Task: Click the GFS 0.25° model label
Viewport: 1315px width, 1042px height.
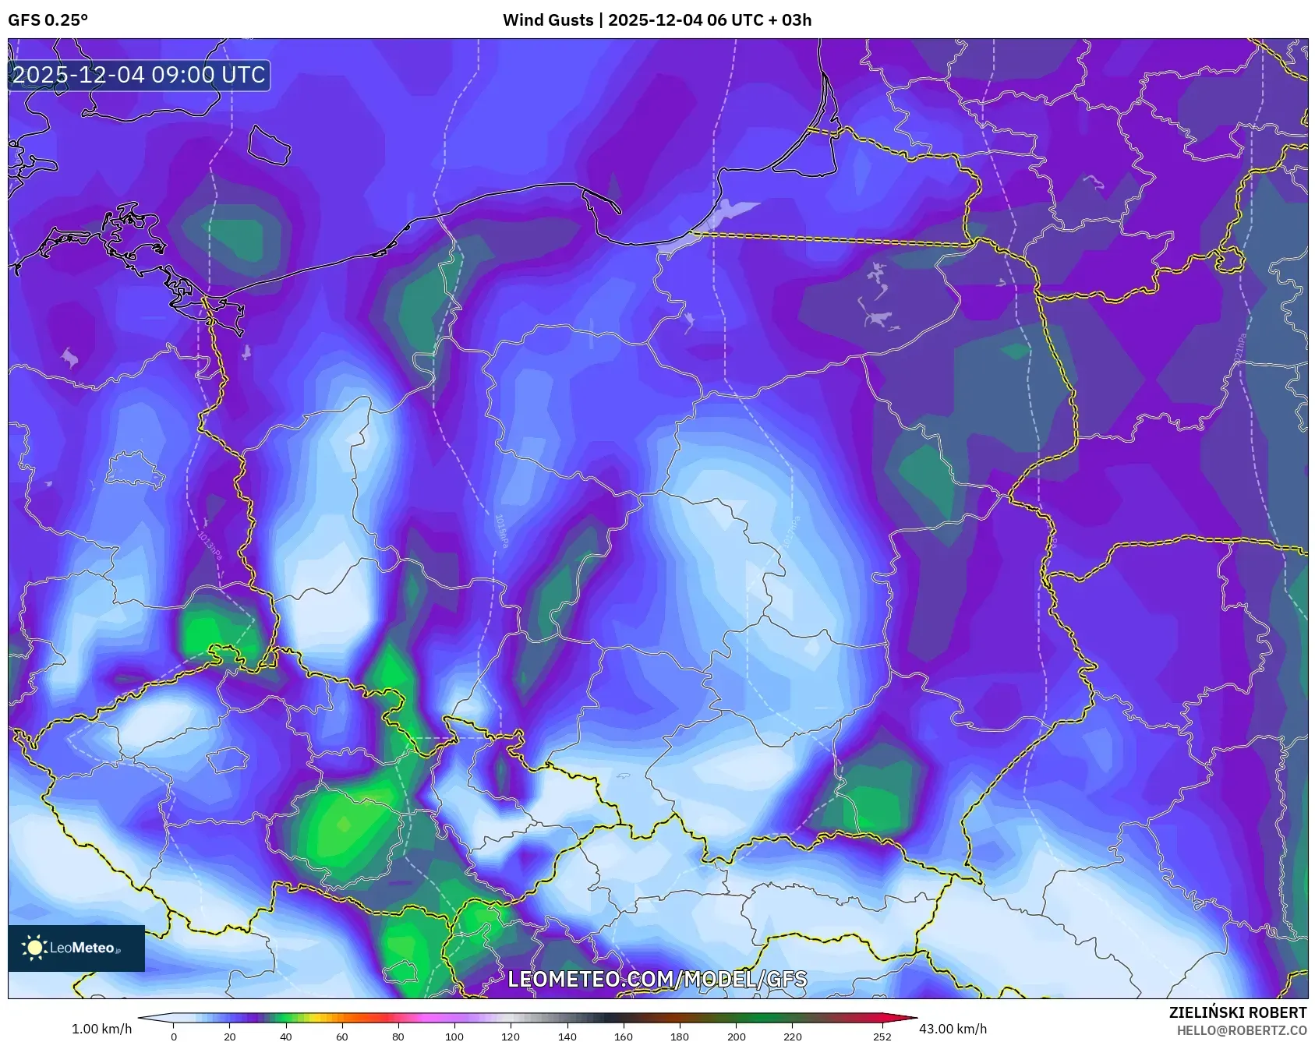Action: coord(48,20)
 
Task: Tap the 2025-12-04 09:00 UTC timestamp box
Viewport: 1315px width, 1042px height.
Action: coord(139,76)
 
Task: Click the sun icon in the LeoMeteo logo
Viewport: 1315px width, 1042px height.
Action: coord(34,948)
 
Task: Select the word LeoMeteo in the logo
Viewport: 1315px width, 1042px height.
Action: coord(82,948)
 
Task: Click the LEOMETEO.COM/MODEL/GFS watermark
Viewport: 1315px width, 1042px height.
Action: coord(657,979)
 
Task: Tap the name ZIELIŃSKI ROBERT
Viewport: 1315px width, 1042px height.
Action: coord(1237,1012)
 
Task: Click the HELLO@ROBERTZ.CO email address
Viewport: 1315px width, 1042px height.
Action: coord(1241,1030)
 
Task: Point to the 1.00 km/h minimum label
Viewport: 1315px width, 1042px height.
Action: coord(101,1029)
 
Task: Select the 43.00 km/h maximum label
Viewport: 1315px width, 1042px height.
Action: coord(953,1029)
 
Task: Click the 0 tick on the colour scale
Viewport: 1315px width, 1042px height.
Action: coord(174,1037)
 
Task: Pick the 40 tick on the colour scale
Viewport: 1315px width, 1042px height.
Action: coord(286,1037)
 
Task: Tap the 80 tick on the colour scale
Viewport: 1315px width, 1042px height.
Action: coord(398,1037)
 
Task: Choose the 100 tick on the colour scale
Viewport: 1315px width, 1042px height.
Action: coord(454,1037)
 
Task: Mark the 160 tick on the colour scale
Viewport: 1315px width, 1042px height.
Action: coord(624,1037)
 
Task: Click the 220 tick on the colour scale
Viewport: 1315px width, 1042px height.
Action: coord(792,1037)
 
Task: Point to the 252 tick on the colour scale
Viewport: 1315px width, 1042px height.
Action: coord(882,1037)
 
